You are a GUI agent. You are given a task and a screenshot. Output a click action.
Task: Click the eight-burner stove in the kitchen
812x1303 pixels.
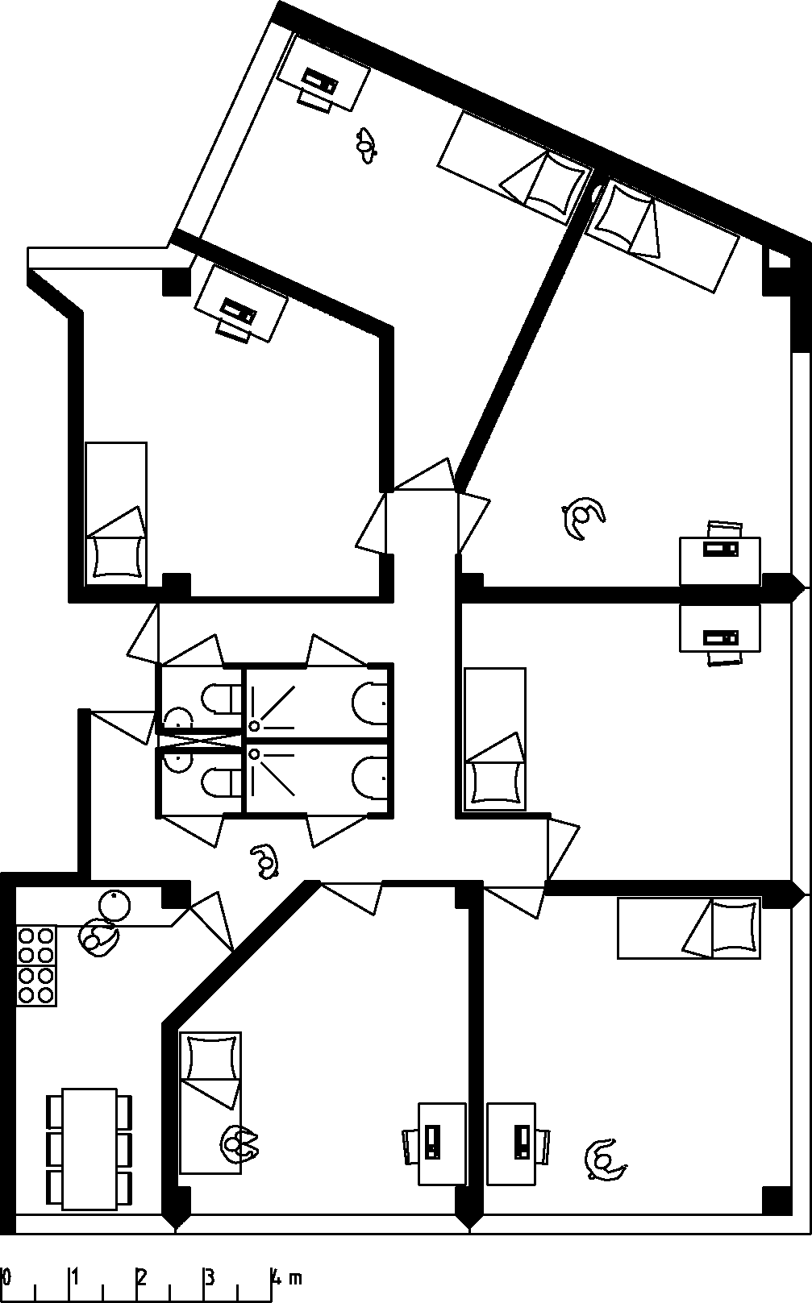pos(37,965)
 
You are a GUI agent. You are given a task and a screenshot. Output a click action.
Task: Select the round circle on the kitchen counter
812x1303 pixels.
pos(115,906)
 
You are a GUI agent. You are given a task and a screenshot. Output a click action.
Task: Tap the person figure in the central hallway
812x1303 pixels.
pos(264,860)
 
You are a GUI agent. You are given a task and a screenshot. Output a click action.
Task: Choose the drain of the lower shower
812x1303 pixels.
pos(255,755)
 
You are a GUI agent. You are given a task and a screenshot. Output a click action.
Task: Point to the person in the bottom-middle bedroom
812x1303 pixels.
pos(239,1143)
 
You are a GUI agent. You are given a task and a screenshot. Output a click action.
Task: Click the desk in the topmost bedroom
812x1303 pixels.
pos(323,73)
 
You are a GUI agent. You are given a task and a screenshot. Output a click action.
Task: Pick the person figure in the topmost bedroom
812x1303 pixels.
pos(367,145)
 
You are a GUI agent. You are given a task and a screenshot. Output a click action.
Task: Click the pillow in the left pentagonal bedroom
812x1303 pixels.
pos(116,556)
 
